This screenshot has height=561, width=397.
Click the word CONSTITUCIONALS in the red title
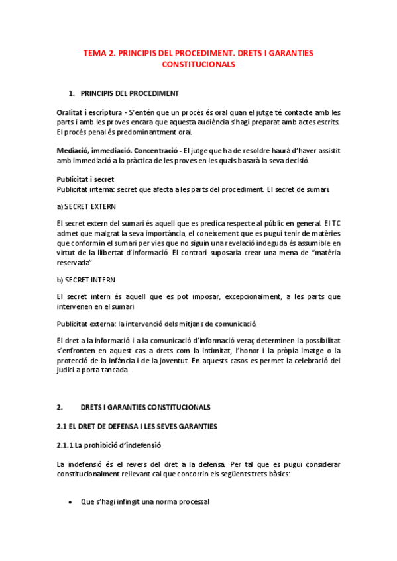(199, 65)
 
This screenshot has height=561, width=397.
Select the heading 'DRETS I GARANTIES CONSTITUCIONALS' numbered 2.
(146, 407)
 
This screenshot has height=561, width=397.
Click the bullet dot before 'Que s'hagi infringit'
(71, 502)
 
